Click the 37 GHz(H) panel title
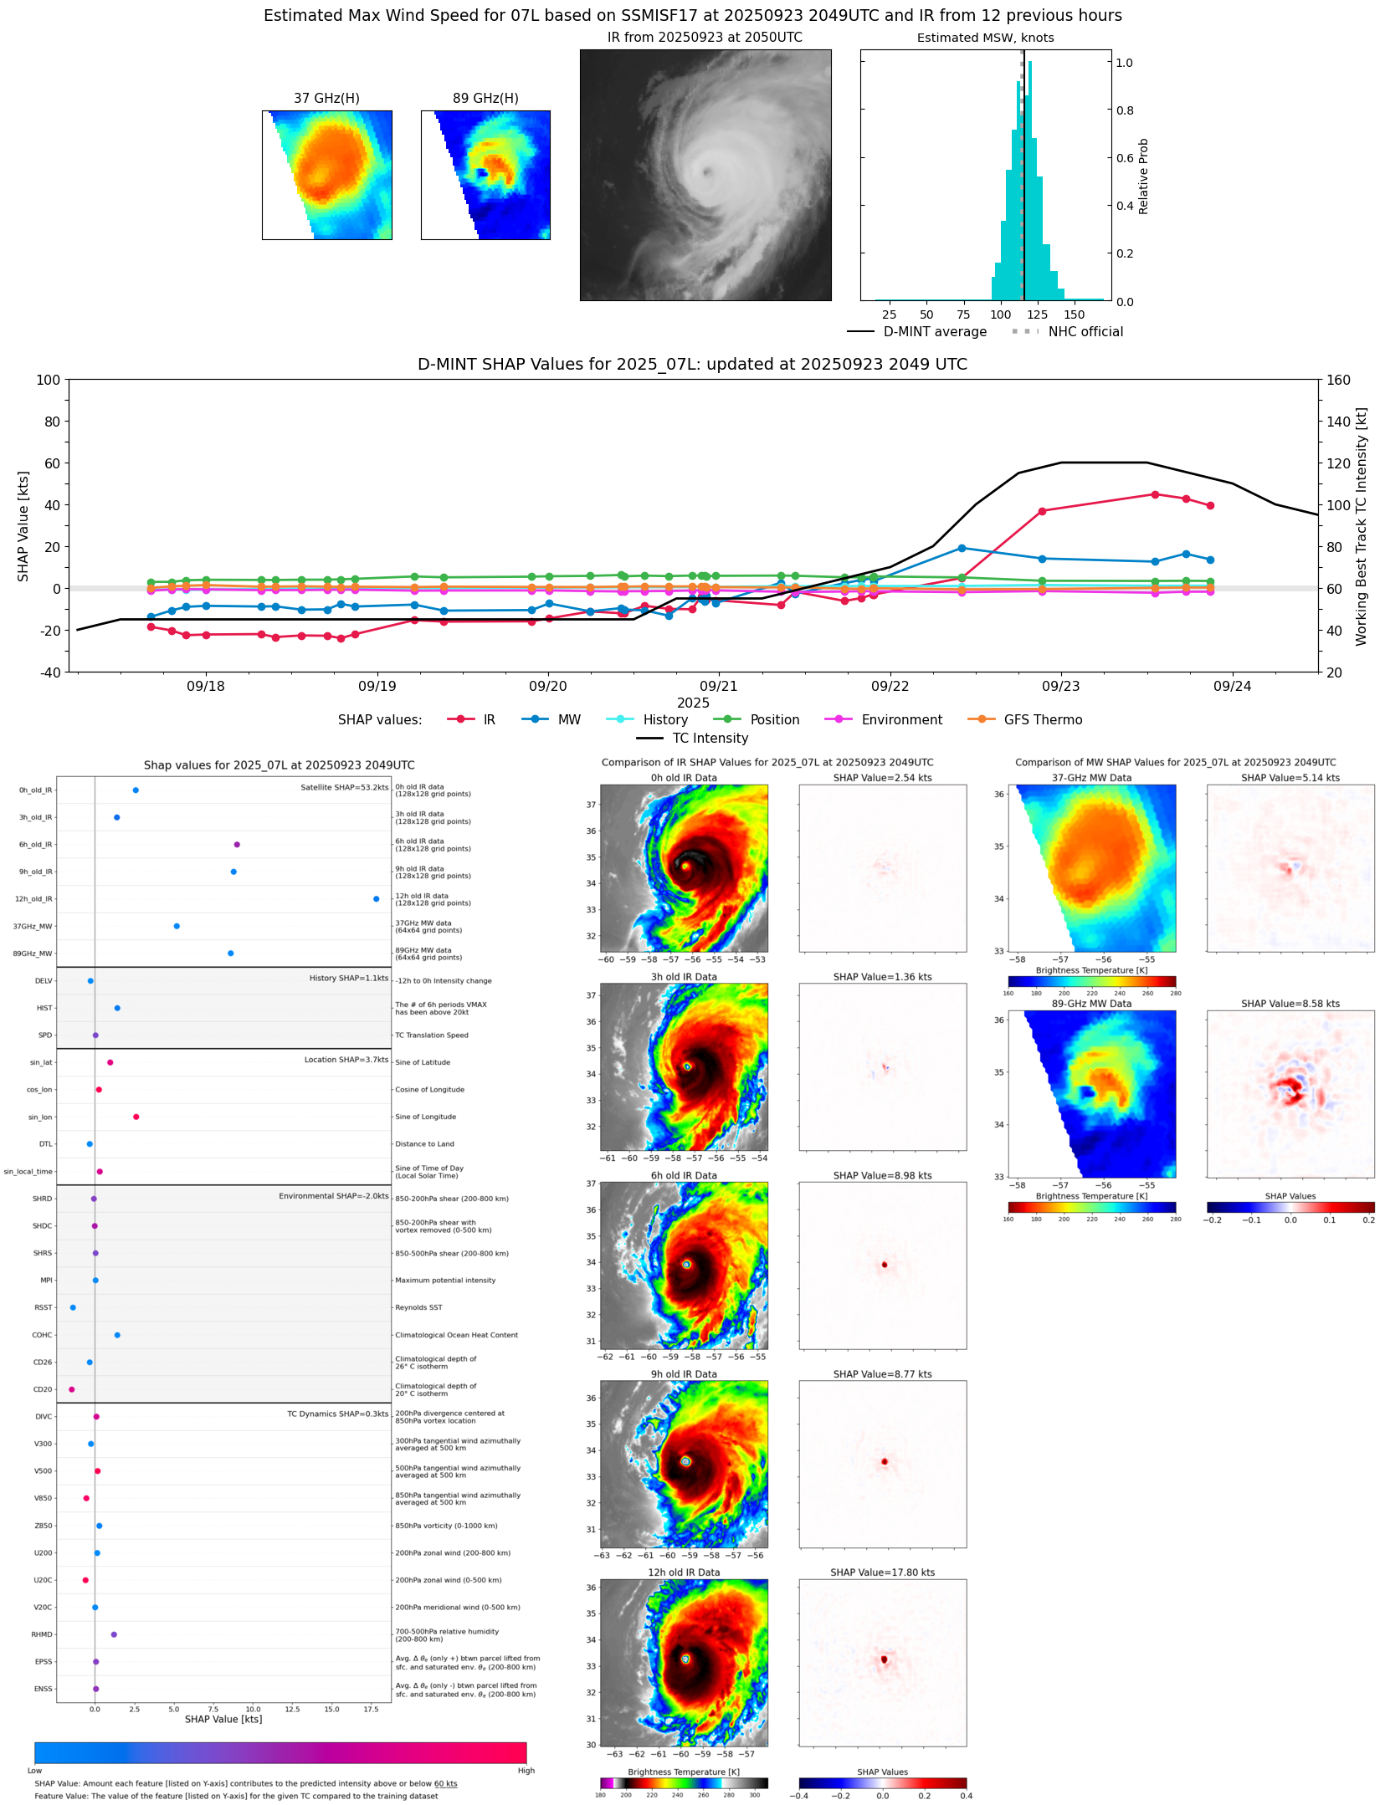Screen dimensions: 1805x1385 pyautogui.click(x=326, y=99)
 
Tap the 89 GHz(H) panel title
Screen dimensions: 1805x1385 pyautogui.click(x=485, y=99)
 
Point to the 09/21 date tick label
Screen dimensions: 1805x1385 pyautogui.click(x=719, y=687)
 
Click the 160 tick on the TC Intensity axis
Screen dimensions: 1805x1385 pyautogui.click(x=1338, y=380)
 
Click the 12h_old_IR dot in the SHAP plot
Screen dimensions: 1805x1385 pyautogui.click(x=376, y=899)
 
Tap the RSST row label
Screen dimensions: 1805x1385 pyautogui.click(x=43, y=1307)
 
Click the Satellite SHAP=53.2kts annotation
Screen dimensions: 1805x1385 pyautogui.click(x=344, y=787)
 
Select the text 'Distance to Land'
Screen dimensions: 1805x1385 pyautogui.click(x=424, y=1144)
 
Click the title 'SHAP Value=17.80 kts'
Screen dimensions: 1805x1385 pyautogui.click(x=882, y=1572)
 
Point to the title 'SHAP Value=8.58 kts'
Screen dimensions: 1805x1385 pyautogui.click(x=1290, y=1004)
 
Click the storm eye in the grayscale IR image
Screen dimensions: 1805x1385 pyautogui.click(x=707, y=172)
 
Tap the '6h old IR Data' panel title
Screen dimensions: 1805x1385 pyautogui.click(x=684, y=1175)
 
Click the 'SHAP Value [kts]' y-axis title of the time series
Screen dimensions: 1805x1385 pyautogui.click(x=23, y=526)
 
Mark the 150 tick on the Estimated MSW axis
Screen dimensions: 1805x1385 pyautogui.click(x=1074, y=314)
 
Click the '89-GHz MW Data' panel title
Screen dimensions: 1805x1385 pyautogui.click(x=1091, y=1004)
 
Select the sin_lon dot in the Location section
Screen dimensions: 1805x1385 pyautogui.click(x=136, y=1117)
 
